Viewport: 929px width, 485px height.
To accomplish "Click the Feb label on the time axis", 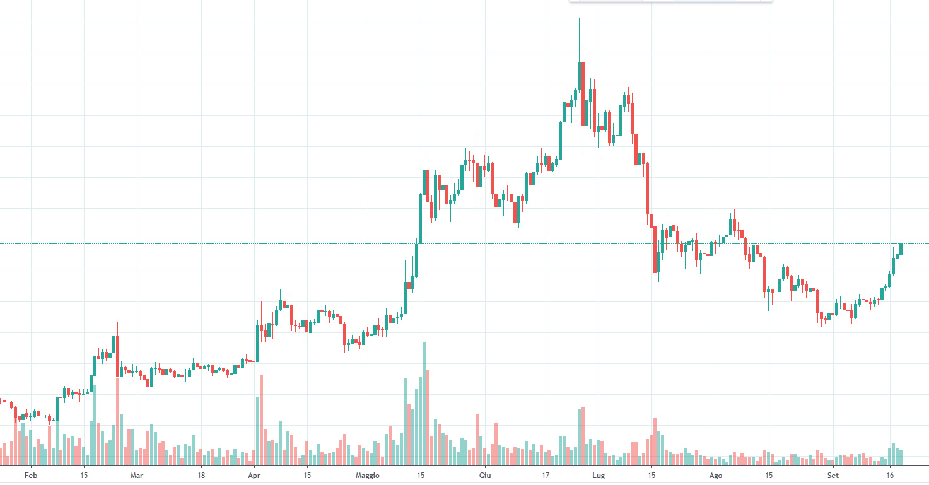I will [x=31, y=474].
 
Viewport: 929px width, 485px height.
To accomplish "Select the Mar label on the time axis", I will [x=137, y=474].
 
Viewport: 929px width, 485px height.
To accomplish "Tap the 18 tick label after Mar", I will [x=201, y=474].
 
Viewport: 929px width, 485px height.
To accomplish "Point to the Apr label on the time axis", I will [x=254, y=474].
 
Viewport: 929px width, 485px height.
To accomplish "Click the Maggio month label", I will [x=368, y=474].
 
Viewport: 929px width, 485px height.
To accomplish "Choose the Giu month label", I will [x=484, y=474].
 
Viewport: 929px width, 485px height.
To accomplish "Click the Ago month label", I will [x=715, y=474].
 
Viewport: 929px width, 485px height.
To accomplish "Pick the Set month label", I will [x=833, y=474].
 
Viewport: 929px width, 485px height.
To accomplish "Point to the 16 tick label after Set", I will [x=890, y=474].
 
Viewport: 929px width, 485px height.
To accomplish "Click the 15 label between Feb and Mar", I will [x=84, y=474].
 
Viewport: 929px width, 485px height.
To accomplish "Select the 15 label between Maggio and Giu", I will [x=421, y=474].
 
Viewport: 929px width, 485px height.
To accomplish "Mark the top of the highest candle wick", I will [x=579, y=19].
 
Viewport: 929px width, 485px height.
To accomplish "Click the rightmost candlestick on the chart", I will [x=901, y=249].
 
